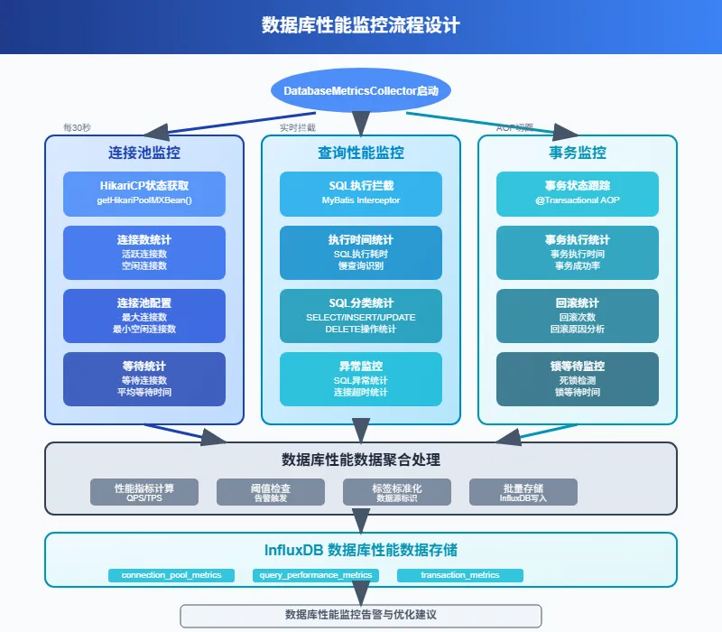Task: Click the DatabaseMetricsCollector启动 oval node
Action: pos(361,91)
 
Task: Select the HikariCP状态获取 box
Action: pos(144,193)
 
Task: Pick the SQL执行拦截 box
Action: pos(361,193)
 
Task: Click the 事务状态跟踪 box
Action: pos(577,193)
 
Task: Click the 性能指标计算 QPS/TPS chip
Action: pos(144,492)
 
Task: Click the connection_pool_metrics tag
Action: pos(171,575)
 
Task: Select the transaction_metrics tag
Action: pos(460,575)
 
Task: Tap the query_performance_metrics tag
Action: pos(316,575)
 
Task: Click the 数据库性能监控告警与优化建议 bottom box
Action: pos(361,615)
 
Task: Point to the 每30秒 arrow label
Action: pos(78,128)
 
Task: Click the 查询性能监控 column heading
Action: pos(361,153)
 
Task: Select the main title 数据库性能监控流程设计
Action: pos(361,25)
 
